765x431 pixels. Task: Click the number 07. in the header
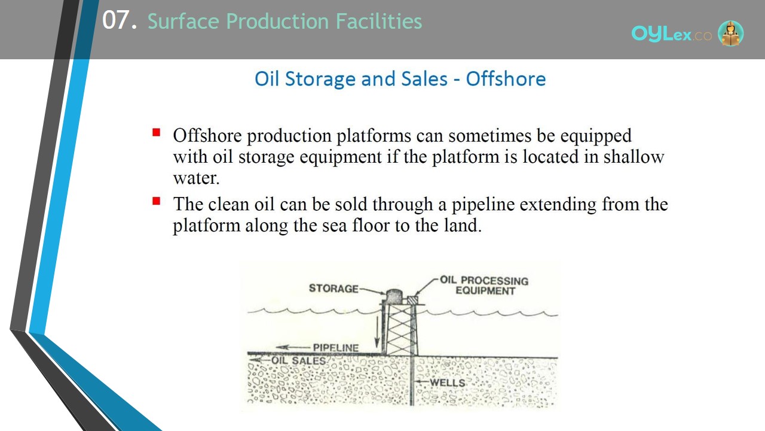coord(120,20)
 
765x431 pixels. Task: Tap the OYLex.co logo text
coord(671,34)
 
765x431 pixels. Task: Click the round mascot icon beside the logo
coord(730,33)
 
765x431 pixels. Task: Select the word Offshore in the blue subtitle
coord(506,78)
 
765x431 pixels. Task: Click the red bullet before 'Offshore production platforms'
coord(157,132)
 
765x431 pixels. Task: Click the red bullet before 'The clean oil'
coord(157,201)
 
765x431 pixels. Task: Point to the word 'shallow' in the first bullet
coord(634,157)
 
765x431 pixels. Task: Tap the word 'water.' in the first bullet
coord(196,178)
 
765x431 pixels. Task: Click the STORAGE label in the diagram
coord(333,289)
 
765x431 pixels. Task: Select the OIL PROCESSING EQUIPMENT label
coord(484,286)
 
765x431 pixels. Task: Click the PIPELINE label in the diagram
coord(336,348)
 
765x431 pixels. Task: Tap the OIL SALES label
coord(298,360)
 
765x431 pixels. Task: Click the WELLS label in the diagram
coord(448,383)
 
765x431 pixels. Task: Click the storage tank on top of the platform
coord(394,296)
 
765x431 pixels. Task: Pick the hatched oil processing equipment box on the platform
coord(412,300)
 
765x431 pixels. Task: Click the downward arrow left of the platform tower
coord(377,332)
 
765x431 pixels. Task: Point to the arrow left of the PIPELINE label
coord(293,348)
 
